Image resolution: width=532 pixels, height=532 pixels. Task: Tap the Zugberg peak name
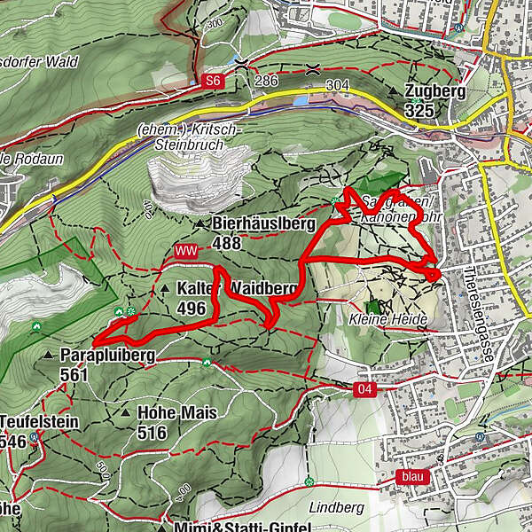tap(435, 92)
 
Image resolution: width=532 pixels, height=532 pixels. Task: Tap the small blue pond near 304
tap(301, 101)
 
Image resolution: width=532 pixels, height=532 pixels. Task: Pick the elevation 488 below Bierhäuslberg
tap(228, 241)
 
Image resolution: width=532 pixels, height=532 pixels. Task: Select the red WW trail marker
tap(186, 252)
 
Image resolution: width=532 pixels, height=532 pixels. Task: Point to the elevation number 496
tap(192, 309)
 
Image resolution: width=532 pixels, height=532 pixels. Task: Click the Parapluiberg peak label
tap(107, 356)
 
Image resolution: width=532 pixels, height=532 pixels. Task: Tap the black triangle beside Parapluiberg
tap(48, 356)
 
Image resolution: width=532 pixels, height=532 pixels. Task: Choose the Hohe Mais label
tap(177, 413)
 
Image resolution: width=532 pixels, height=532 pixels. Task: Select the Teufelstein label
tap(41, 421)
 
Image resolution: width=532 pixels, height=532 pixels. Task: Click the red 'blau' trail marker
tap(413, 476)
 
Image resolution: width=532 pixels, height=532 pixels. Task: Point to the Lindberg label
tap(338, 507)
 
